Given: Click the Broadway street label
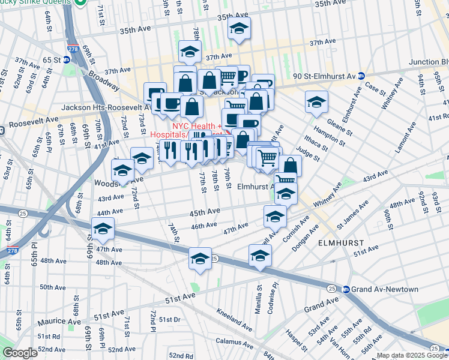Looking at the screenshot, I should pos(104,77).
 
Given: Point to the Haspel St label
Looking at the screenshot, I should pos(296,341).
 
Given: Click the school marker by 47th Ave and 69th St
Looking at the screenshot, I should pos(103,229).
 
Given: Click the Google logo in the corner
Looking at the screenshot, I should pos(20,353).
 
